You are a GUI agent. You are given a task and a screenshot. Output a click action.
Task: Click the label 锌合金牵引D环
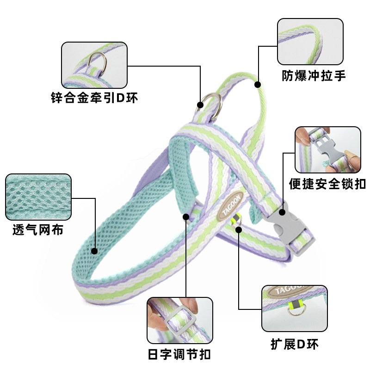pyautogui.click(x=94, y=98)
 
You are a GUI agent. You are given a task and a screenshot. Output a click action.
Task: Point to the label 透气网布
pyautogui.click(x=38, y=230)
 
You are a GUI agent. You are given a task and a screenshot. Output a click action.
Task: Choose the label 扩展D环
pyautogui.click(x=295, y=345)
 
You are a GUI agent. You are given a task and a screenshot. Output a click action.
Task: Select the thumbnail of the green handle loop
pyautogui.click(x=310, y=42)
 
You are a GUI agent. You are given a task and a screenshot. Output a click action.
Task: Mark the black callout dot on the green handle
pyautogui.click(x=258, y=85)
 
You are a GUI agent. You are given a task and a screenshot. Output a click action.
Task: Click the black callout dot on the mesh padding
pyautogui.click(x=94, y=251)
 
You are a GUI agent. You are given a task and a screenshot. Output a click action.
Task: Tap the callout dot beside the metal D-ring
pyautogui.click(x=200, y=105)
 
